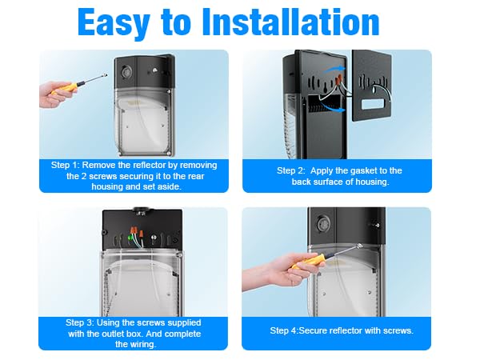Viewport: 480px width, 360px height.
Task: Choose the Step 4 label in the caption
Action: [286, 330]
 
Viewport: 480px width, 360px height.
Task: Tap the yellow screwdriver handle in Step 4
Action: [309, 261]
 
